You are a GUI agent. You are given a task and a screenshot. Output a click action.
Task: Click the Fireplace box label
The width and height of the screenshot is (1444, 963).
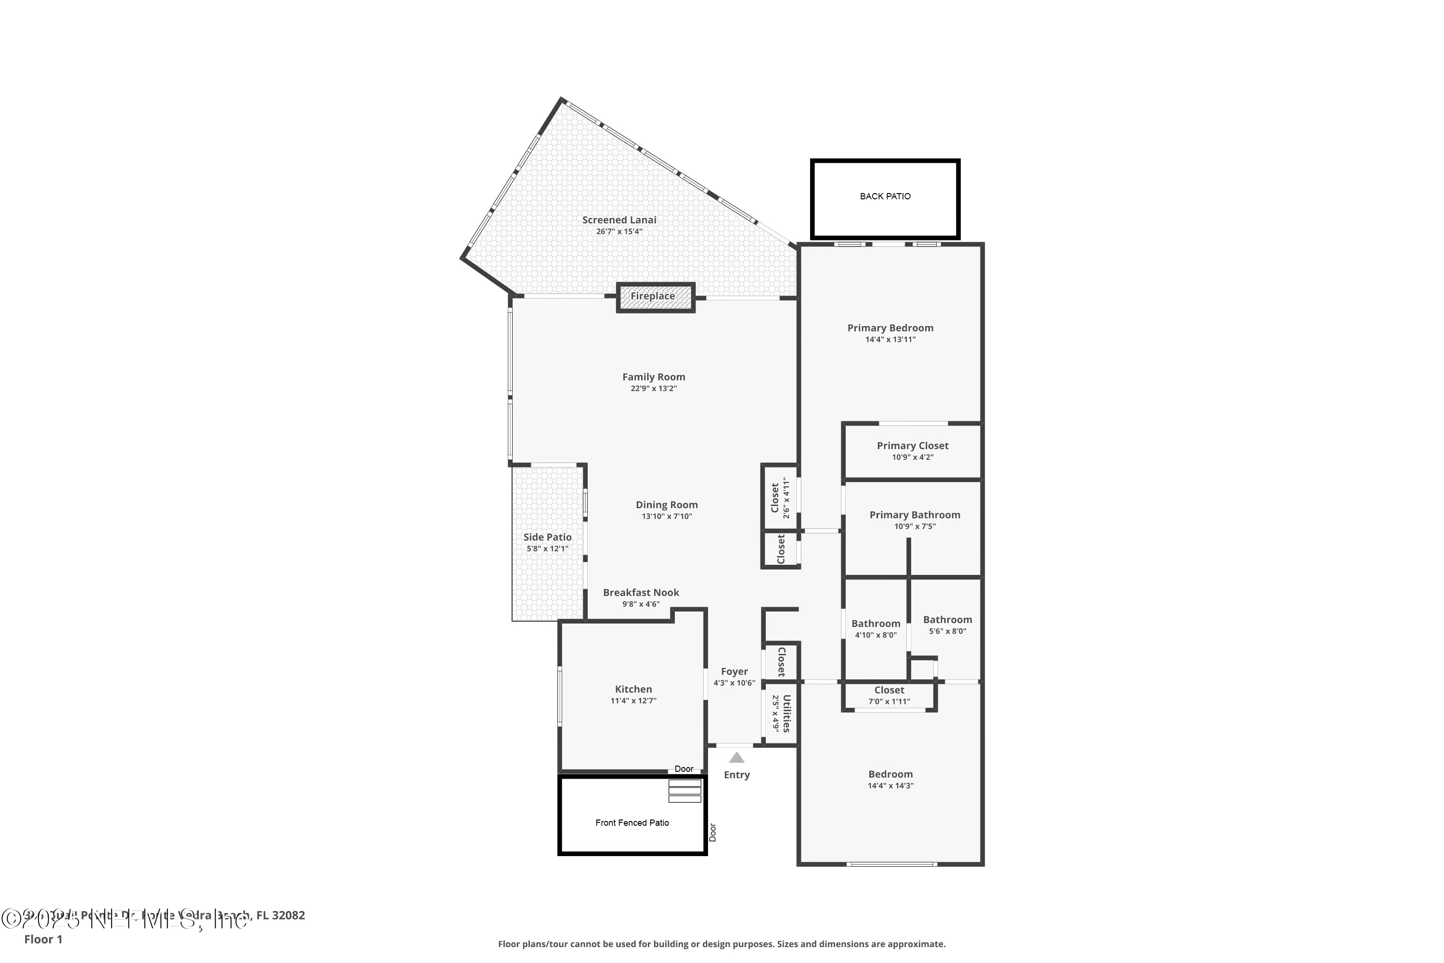(x=653, y=296)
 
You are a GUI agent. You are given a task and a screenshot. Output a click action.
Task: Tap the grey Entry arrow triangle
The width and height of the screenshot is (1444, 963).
(x=737, y=758)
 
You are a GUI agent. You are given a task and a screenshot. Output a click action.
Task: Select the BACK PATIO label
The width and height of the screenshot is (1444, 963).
(x=885, y=196)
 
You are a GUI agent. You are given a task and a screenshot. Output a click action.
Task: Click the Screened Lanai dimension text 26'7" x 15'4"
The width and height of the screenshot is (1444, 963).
(x=619, y=232)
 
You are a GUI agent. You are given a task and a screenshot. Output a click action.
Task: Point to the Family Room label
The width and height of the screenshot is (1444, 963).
(x=654, y=377)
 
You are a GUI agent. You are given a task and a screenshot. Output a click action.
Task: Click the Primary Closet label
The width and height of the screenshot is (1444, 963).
(x=912, y=446)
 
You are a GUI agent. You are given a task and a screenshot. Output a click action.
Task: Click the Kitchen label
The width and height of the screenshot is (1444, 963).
(x=633, y=689)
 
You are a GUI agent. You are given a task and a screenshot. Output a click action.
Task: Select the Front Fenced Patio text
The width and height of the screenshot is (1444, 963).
(x=632, y=823)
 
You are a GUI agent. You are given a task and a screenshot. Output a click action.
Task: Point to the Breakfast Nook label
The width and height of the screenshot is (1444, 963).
(x=641, y=593)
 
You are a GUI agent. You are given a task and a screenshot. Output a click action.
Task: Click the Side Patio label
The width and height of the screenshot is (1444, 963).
(x=547, y=537)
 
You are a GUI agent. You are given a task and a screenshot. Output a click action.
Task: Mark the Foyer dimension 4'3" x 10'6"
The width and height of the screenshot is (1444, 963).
(x=735, y=683)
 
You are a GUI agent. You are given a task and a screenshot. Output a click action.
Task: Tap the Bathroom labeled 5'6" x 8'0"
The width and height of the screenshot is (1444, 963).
(x=947, y=620)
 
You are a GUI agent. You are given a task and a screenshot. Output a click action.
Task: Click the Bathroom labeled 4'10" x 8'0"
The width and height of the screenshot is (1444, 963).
(x=876, y=624)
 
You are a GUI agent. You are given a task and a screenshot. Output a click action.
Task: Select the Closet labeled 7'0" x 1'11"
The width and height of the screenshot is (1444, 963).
(x=889, y=690)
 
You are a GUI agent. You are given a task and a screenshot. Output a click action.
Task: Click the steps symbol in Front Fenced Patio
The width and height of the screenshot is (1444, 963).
(x=684, y=791)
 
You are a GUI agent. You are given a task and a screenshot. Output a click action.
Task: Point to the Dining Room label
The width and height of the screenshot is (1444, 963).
(x=667, y=505)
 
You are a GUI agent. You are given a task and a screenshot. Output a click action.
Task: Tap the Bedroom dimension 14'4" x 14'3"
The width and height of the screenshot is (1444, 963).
(x=890, y=785)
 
